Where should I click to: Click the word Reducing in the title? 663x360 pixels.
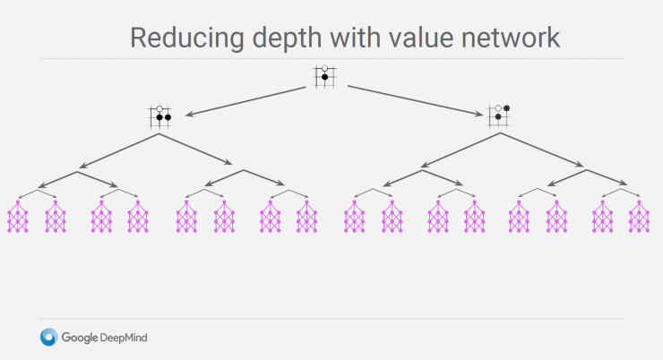[187, 39]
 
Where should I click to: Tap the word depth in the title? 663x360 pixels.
[288, 38]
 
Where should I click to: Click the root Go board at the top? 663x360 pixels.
[324, 76]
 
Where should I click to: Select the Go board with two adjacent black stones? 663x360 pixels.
[159, 116]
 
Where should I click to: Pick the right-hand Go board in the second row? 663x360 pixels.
[498, 116]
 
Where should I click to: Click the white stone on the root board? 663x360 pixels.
[324, 68]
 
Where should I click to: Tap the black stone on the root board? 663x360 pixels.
[324, 77]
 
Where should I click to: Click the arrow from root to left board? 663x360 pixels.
[245, 101]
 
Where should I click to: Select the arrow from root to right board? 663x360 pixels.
[415, 100]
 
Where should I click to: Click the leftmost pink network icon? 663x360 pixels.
[18, 217]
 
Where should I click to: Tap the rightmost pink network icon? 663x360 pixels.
[639, 217]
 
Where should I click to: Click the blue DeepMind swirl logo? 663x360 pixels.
[49, 338]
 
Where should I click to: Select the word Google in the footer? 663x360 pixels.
[80, 338]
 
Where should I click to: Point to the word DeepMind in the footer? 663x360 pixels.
[124, 338]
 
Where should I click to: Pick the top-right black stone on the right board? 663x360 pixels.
[506, 108]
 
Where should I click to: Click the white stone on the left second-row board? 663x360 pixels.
[159, 109]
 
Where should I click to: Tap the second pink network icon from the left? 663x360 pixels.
[56, 217]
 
